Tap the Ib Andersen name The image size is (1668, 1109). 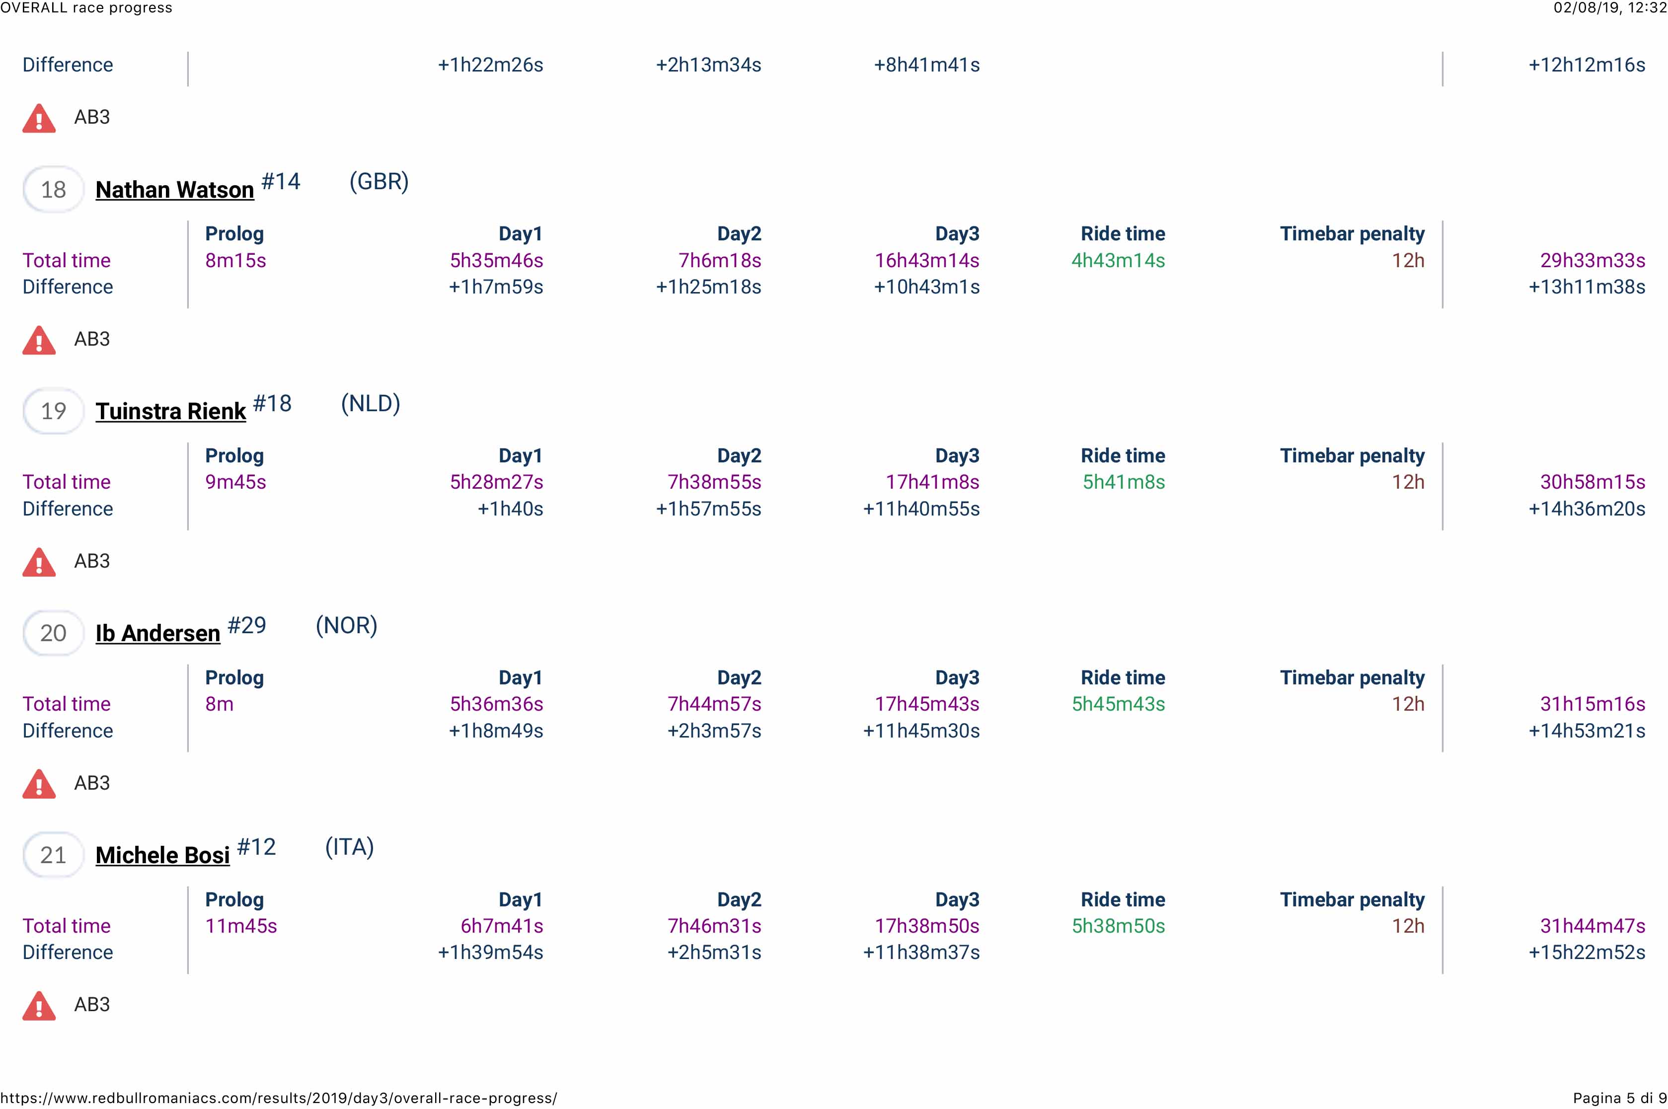tap(158, 633)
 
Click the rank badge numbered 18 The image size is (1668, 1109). tap(53, 190)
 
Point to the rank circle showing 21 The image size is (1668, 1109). tap(53, 855)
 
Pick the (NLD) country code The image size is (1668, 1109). tap(370, 404)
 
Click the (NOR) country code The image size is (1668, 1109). tap(346, 625)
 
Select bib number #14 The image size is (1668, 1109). tap(281, 182)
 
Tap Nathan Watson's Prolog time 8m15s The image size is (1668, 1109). tap(235, 260)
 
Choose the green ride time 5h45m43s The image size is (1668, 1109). tap(1118, 704)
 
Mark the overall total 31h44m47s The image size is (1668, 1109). tap(1592, 926)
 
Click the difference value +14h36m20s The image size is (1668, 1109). tap(1587, 509)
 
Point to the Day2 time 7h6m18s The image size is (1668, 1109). tap(719, 260)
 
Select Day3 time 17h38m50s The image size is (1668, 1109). tap(927, 926)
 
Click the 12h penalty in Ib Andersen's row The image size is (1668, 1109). tap(1408, 704)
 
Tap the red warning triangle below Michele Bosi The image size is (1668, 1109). tap(39, 1005)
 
